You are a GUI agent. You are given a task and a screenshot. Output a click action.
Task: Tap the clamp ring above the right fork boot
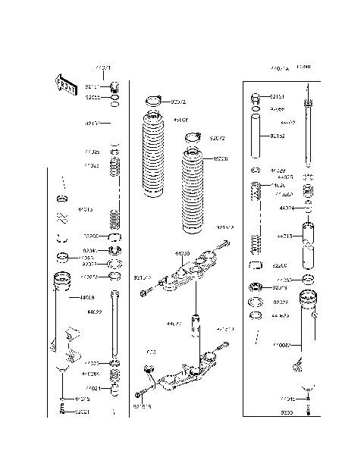(x=193, y=138)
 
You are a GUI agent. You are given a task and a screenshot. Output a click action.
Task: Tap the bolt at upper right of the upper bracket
(x=226, y=244)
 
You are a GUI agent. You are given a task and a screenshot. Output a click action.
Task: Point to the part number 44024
(x=287, y=207)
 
